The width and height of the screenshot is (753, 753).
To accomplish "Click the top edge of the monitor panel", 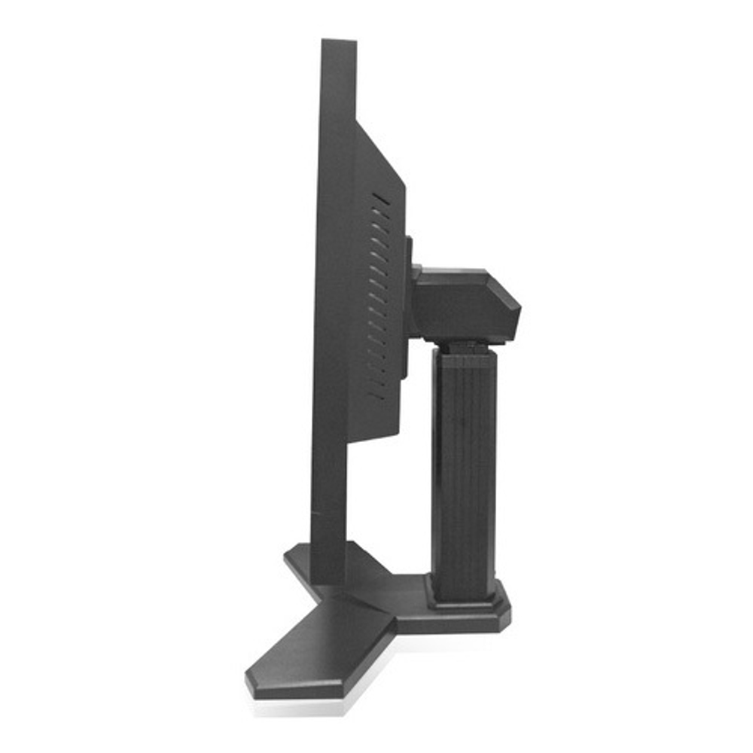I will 339,41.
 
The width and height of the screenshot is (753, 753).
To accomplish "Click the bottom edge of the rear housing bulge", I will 374,435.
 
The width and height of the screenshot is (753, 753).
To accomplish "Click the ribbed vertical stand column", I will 462,467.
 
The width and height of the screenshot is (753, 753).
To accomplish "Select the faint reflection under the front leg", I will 301,708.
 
